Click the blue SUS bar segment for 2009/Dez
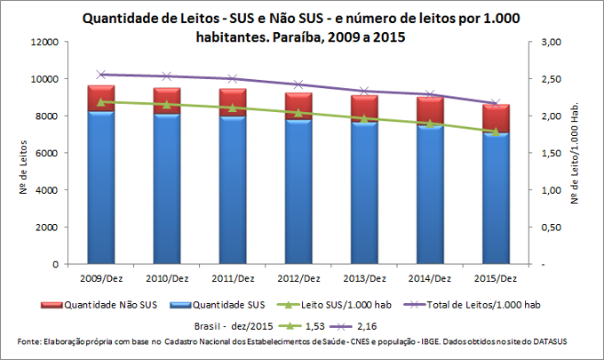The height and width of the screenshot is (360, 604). click(x=99, y=188)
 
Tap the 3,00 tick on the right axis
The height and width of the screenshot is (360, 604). click(x=552, y=42)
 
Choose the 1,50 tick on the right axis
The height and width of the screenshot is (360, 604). click(x=552, y=153)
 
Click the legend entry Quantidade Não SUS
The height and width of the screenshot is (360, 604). click(x=107, y=304)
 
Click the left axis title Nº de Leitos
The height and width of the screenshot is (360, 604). click(x=19, y=153)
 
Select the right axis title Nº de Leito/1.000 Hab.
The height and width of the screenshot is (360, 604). click(x=585, y=153)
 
